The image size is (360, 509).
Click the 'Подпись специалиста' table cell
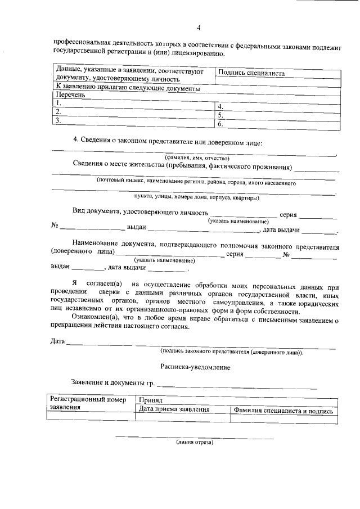click(251, 73)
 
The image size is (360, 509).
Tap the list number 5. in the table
click(220, 114)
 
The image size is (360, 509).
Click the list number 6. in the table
click(220, 123)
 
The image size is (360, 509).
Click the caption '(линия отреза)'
click(194, 442)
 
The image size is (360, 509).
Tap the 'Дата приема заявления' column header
click(174, 410)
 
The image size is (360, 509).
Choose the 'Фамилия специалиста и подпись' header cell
click(284, 411)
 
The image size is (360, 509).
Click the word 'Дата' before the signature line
click(57, 341)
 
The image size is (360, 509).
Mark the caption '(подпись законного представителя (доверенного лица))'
click(231, 352)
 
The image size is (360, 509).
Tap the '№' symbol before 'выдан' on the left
click(55, 226)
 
